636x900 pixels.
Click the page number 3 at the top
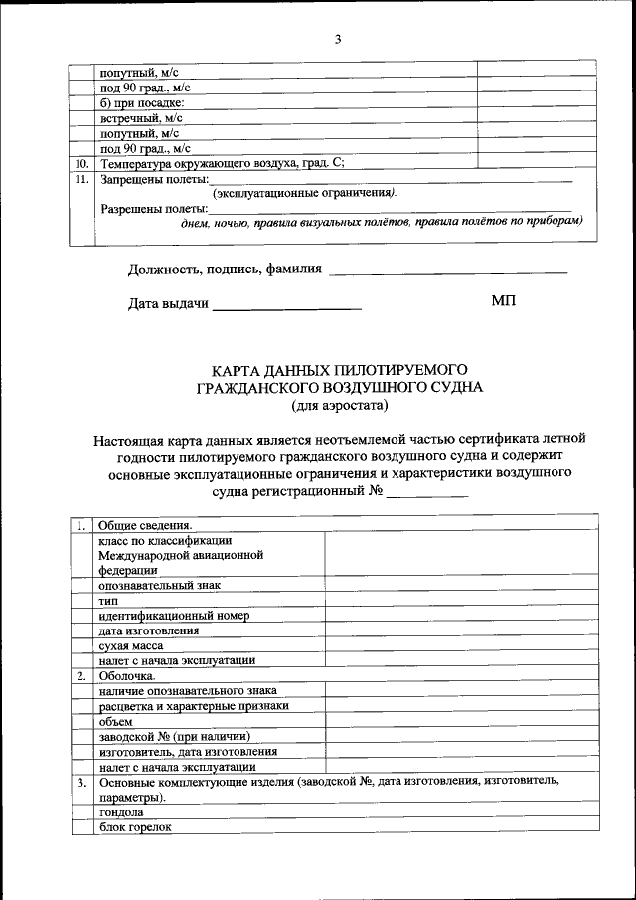click(337, 39)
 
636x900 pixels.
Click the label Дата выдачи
click(168, 304)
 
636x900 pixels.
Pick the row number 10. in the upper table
click(81, 163)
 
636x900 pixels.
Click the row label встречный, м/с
click(140, 117)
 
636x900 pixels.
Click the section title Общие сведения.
click(145, 524)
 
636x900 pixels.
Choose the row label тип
click(108, 600)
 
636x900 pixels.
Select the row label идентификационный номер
click(173, 616)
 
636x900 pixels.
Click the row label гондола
click(121, 812)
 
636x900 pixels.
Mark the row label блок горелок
click(135, 827)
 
